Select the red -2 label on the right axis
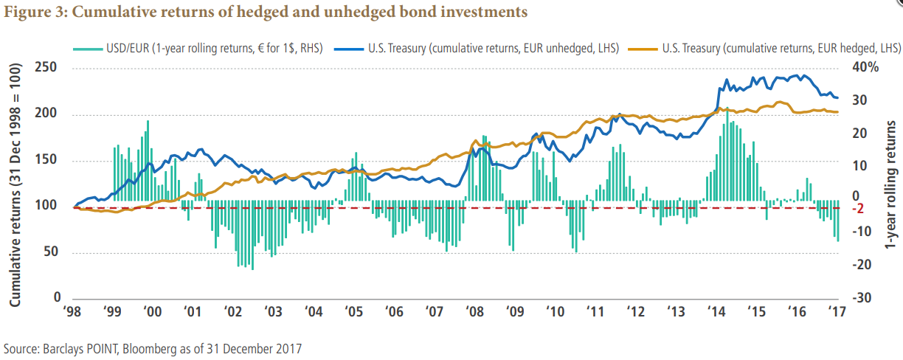point(859,209)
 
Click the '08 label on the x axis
point(476,312)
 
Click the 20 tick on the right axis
point(861,133)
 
